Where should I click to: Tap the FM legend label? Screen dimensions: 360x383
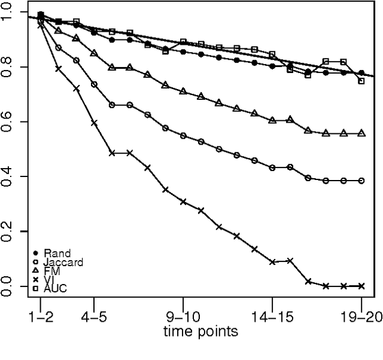click(52, 271)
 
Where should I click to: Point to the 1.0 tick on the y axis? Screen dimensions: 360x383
click(8, 12)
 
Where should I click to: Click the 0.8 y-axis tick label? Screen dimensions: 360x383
click(8, 67)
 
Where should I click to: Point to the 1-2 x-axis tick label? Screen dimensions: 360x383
click(41, 317)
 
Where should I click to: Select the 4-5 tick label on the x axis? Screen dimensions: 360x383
click(94, 317)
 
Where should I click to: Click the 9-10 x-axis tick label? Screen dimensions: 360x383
click(183, 317)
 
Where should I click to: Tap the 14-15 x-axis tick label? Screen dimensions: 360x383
click(272, 317)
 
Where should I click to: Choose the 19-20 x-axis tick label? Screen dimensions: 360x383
click(361, 317)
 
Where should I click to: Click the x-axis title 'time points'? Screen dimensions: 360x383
click(201, 331)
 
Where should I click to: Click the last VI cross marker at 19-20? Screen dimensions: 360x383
click(361, 286)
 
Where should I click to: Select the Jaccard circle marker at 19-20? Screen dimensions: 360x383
click(361, 181)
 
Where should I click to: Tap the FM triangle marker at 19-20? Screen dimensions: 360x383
click(361, 133)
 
